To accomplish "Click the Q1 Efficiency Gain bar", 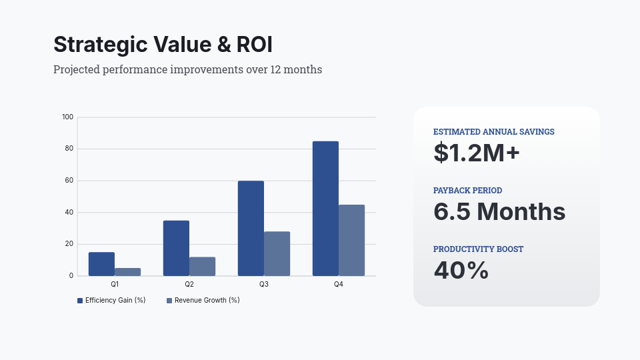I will [x=101, y=264].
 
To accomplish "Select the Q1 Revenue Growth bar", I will [x=127, y=272].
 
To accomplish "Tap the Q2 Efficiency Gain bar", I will [x=176, y=248].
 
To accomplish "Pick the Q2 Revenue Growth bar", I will [x=202, y=267].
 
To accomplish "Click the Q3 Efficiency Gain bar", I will [x=251, y=229].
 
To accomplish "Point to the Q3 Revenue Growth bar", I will [x=277, y=254].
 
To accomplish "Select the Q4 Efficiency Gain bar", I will [x=325, y=209].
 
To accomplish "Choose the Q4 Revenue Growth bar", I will [x=351, y=240].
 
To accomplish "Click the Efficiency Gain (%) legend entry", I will [x=111, y=301].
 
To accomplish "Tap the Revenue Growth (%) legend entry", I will [x=203, y=301].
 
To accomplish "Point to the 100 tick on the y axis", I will [x=67, y=117].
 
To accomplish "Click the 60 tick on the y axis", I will [x=69, y=181].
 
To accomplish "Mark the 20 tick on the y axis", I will [x=69, y=244].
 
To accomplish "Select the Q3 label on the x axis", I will [x=264, y=285].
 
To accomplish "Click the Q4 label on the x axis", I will [x=339, y=285].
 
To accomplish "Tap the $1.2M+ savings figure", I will [x=476, y=153].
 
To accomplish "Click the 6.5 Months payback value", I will [x=499, y=211].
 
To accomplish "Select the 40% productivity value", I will [x=461, y=270].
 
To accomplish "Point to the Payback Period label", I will [x=467, y=191].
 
